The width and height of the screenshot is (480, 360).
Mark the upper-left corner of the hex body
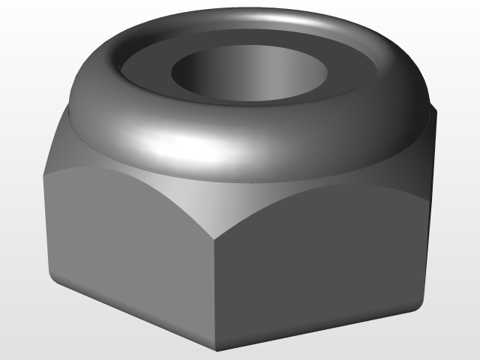(43, 175)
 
